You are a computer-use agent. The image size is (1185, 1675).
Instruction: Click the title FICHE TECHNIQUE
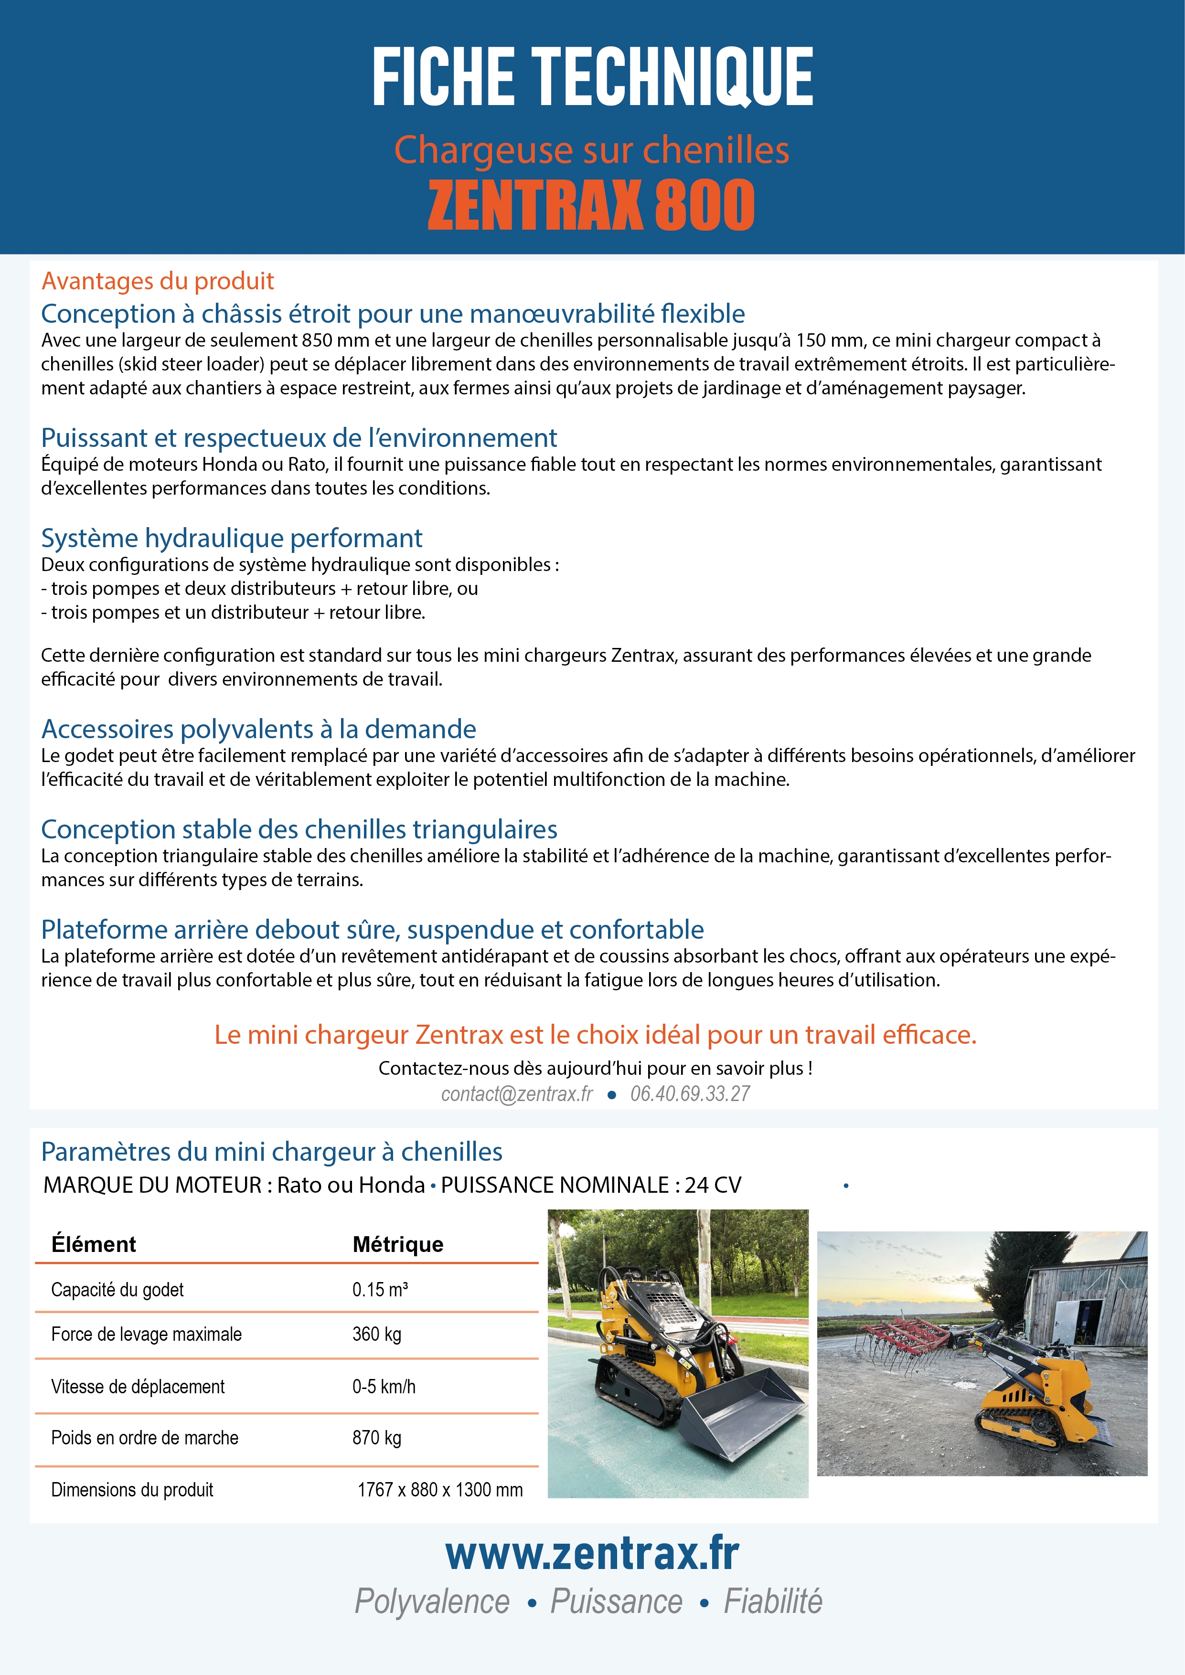[x=592, y=76]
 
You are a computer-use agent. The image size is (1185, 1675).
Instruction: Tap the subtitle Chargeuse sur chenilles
[x=591, y=150]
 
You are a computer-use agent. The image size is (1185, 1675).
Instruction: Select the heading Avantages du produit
[x=158, y=281]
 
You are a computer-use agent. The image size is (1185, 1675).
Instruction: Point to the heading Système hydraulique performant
[x=231, y=539]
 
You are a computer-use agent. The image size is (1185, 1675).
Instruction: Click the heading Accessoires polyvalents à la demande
[x=258, y=730]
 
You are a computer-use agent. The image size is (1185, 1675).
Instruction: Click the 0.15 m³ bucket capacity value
[x=379, y=1290]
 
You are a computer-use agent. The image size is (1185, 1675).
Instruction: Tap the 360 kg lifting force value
[x=376, y=1334]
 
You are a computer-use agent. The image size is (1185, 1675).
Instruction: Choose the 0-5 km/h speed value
[x=384, y=1387]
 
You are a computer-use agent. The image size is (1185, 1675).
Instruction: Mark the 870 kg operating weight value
[x=376, y=1438]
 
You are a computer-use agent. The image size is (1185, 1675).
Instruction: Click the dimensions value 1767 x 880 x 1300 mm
[x=440, y=1490]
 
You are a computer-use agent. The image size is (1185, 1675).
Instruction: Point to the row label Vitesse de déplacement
[x=138, y=1387]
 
